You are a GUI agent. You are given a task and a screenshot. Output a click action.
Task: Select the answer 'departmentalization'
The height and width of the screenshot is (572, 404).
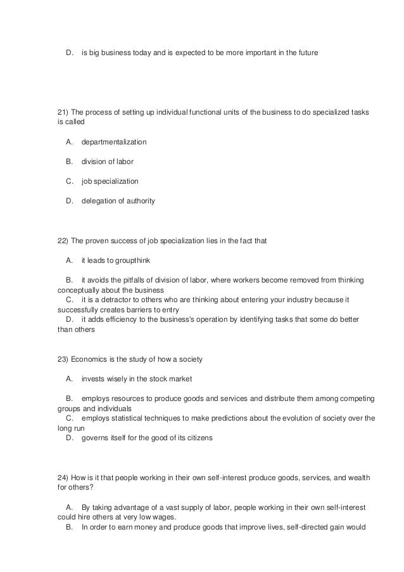pyautogui.click(x=114, y=141)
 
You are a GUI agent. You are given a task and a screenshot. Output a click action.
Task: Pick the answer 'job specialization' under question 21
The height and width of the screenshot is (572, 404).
pyautogui.click(x=110, y=181)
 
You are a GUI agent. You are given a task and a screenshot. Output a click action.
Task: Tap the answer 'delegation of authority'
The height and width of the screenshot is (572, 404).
pyautogui.click(x=118, y=201)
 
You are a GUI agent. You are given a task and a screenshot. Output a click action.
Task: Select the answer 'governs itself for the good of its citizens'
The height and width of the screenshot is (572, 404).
pyautogui.click(x=148, y=438)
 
